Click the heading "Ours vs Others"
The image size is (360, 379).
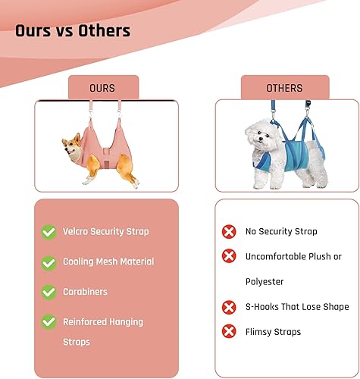73,31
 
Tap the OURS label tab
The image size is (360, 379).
103,88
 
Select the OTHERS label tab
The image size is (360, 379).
284,88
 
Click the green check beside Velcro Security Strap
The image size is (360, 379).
49,231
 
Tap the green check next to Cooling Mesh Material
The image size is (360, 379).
49,262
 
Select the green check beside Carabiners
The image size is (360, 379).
49,292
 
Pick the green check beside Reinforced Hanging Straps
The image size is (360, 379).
49,321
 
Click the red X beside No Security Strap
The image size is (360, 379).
228,231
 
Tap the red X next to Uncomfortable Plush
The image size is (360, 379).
228,256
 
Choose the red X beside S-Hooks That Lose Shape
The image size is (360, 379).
228,307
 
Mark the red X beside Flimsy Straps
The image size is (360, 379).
228,331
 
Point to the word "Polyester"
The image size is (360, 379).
264,281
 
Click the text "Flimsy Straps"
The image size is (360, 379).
273,331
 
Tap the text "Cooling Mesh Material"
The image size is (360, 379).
108,262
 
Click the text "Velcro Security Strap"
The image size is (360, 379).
106,231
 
